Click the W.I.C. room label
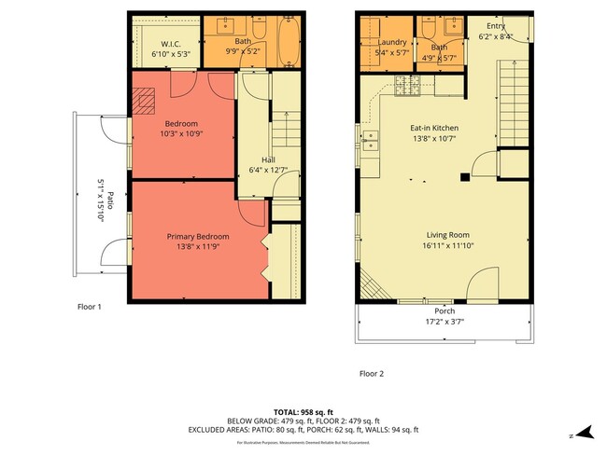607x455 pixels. coord(170,44)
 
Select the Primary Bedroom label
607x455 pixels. coord(198,236)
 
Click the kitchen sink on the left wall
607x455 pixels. coord(371,143)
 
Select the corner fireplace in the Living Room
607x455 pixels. coord(370,284)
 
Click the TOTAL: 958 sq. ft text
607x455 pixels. coord(303,410)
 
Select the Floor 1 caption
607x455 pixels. coord(90,306)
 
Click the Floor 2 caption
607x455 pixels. coord(372,374)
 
